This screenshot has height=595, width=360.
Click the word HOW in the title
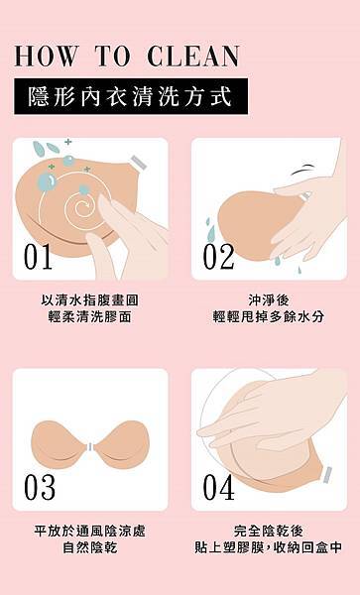pyautogui.click(x=46, y=57)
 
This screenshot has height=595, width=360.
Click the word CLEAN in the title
pyautogui.click(x=193, y=57)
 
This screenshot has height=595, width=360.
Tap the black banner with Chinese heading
pyautogui.click(x=131, y=96)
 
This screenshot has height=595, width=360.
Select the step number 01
pyautogui.click(x=38, y=257)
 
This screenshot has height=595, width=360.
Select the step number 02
pyautogui.click(x=218, y=257)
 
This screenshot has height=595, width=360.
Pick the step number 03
pyautogui.click(x=40, y=487)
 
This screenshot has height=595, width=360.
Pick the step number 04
pyautogui.click(x=218, y=487)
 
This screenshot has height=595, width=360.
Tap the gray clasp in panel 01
pyautogui.click(x=139, y=163)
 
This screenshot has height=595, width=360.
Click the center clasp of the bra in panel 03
pyautogui.click(x=90, y=447)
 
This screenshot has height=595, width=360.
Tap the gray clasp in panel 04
pyautogui.click(x=327, y=474)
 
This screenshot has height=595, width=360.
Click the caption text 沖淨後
pyautogui.click(x=269, y=300)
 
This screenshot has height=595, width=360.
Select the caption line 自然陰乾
pyautogui.click(x=90, y=547)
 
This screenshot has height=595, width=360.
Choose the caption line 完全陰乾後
pyautogui.click(x=269, y=531)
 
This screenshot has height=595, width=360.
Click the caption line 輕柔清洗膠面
pyautogui.click(x=90, y=316)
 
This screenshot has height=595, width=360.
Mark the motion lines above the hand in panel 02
pyautogui.click(x=303, y=170)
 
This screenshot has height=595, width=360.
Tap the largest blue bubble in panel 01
pyautogui.click(x=47, y=181)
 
